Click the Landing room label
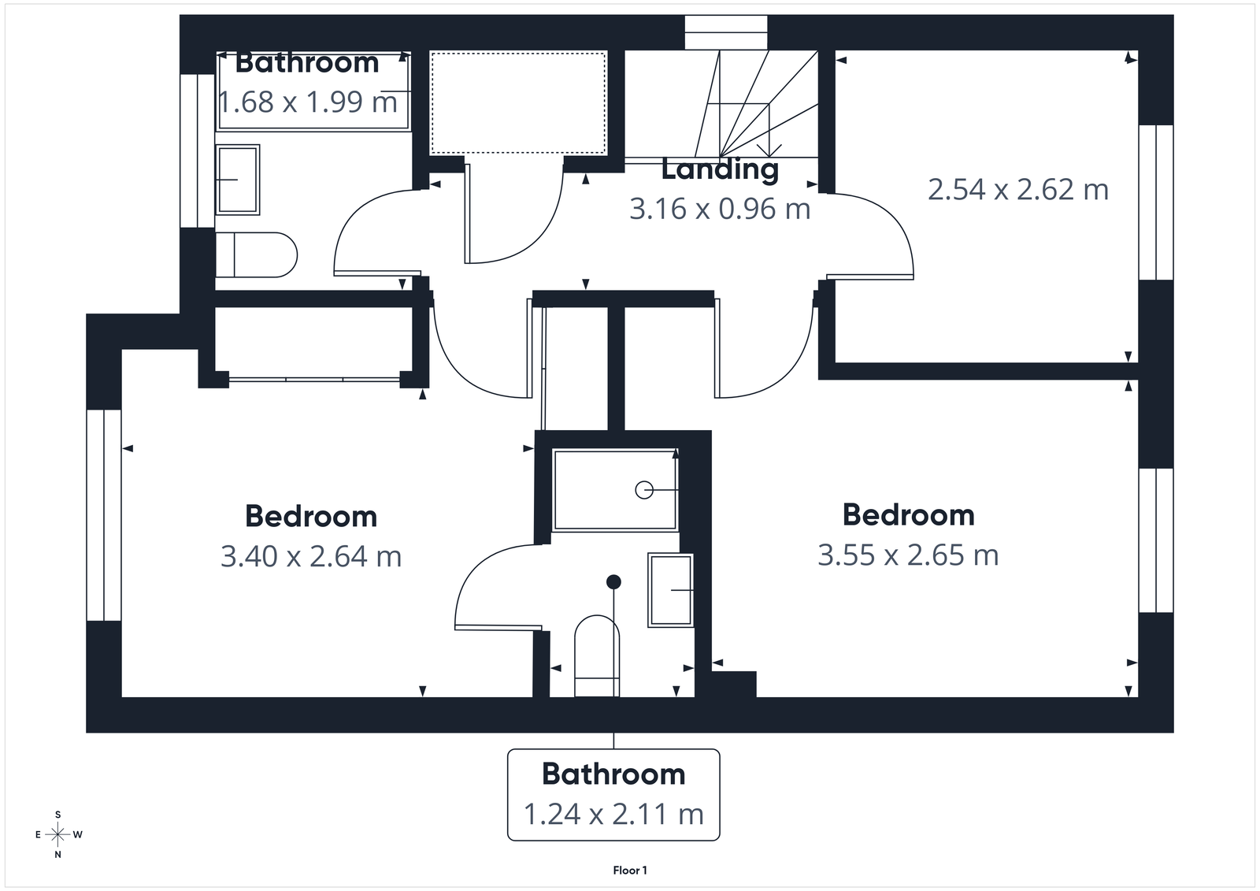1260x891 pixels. point(720,169)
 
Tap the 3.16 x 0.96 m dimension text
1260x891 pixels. point(720,209)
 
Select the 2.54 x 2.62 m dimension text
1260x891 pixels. point(1017,190)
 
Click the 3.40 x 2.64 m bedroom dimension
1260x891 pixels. point(311,557)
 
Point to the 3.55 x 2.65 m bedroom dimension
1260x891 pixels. point(908,555)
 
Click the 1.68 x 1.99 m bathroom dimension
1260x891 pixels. point(307,102)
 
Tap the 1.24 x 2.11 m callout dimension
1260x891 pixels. point(613,814)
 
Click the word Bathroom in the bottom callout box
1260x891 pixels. point(613,774)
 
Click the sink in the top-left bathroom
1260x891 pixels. point(238,180)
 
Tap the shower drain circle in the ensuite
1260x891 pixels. point(643,490)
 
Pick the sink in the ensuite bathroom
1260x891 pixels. point(670,590)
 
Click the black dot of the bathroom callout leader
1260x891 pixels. point(613,581)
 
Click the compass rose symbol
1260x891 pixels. point(57,834)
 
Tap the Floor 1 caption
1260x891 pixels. point(630,871)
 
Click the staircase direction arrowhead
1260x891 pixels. point(769,150)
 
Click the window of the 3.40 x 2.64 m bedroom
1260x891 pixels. point(104,514)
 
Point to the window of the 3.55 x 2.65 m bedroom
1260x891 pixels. point(1155,540)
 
